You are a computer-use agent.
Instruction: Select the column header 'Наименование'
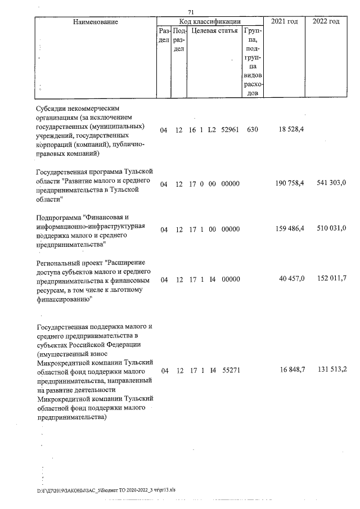point(96,21)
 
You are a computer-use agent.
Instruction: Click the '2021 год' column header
point(285,21)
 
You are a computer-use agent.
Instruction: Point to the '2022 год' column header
point(326,21)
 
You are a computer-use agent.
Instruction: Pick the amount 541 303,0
point(328,184)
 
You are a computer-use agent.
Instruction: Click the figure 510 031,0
point(328,229)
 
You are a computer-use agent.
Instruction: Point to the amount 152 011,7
point(328,278)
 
